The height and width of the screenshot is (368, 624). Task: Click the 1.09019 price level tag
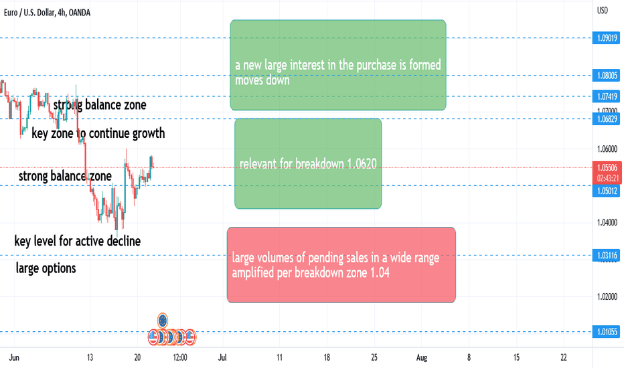(x=606, y=38)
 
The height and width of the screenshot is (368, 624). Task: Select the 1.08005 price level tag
(x=606, y=75)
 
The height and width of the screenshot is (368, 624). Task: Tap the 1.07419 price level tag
(x=606, y=96)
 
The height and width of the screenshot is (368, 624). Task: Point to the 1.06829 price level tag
(x=606, y=119)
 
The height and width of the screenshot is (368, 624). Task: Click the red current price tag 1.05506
(x=607, y=167)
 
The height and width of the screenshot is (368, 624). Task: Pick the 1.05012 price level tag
(x=606, y=191)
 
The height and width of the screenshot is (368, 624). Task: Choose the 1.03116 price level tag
(x=606, y=256)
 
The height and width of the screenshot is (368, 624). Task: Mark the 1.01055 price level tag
(x=606, y=332)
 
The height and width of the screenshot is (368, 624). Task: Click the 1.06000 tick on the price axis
(x=607, y=149)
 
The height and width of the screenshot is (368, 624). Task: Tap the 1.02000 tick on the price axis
(x=607, y=296)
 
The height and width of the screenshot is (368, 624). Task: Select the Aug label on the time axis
(x=421, y=357)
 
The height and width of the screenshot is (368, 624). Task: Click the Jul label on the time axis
(x=222, y=357)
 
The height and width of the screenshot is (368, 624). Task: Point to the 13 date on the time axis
(x=90, y=357)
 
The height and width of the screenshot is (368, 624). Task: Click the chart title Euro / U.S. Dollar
(x=29, y=13)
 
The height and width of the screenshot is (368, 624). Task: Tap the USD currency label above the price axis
(x=603, y=10)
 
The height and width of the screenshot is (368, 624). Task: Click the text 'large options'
(x=46, y=268)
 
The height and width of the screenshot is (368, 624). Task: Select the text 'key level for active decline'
(x=77, y=241)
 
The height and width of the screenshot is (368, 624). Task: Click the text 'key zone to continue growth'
(x=98, y=133)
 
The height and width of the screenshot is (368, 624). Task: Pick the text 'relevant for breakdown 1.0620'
(x=307, y=163)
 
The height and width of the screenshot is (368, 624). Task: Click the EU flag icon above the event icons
(x=163, y=320)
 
